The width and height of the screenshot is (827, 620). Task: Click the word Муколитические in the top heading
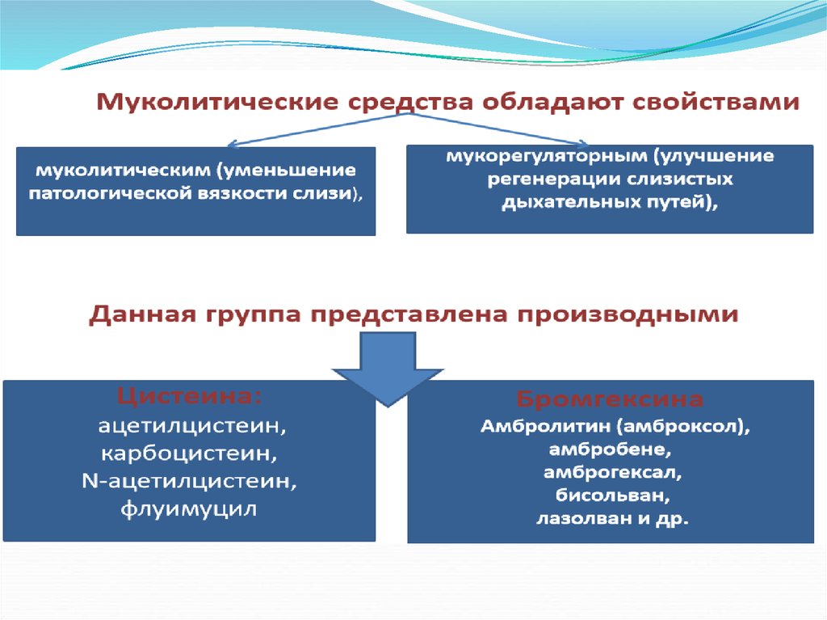click(216, 101)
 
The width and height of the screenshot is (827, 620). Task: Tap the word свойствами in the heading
click(716, 101)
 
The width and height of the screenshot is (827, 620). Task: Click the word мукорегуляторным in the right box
click(546, 156)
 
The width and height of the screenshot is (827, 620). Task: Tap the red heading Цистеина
click(189, 396)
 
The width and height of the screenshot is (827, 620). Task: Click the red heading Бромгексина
click(609, 399)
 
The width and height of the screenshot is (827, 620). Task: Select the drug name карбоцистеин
click(189, 453)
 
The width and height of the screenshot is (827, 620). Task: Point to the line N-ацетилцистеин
click(189, 481)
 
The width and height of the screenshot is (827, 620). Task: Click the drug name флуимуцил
click(189, 509)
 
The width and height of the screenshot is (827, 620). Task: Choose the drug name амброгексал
click(612, 472)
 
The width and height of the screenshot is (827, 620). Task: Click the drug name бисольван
click(612, 496)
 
